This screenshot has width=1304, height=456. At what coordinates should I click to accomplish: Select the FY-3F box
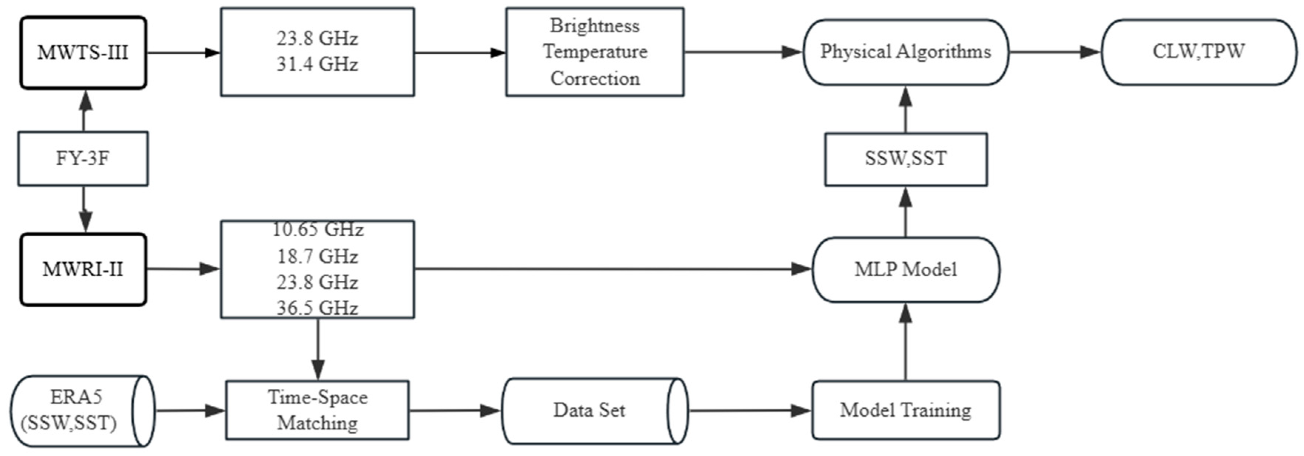click(83, 158)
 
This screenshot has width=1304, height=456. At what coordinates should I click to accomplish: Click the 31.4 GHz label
click(317, 65)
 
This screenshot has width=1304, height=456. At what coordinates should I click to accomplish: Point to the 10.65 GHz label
click(317, 230)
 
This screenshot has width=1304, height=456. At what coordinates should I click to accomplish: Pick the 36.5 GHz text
click(317, 308)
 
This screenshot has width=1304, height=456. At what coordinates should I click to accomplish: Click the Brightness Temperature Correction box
click(595, 52)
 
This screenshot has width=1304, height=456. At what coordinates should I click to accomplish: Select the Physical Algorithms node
click(905, 52)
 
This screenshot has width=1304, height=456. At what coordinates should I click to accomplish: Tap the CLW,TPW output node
click(1198, 52)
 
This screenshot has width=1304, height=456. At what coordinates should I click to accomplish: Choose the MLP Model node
click(905, 269)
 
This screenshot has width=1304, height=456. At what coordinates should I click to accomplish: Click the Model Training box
click(905, 410)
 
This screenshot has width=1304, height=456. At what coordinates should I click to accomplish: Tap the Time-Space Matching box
click(317, 410)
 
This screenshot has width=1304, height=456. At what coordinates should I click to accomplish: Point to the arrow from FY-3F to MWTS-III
click(84, 111)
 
